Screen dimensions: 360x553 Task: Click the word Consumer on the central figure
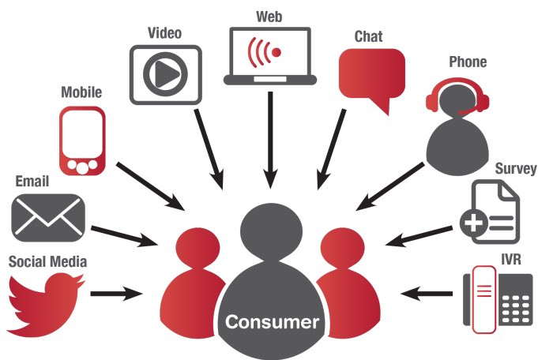point(272,322)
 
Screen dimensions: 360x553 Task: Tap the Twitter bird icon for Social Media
point(45,304)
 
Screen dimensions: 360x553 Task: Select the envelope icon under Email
point(47,215)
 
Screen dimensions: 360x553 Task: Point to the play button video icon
point(165,74)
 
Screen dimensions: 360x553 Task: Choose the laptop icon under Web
point(270,56)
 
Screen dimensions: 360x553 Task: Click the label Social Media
point(47,261)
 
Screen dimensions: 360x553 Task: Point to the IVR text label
point(511,260)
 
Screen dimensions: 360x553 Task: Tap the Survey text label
point(515,168)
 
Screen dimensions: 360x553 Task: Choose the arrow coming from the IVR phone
point(427,294)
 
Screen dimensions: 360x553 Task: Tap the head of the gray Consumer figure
point(270,227)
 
